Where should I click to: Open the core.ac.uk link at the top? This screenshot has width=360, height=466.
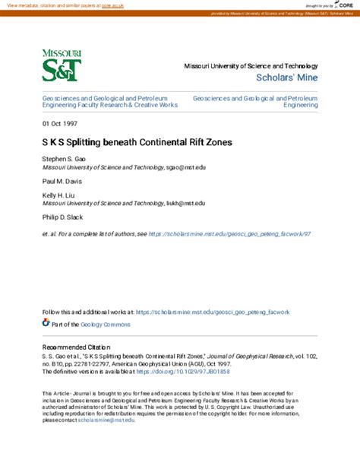(x=112, y=5)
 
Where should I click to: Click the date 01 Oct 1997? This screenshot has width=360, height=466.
(x=60, y=123)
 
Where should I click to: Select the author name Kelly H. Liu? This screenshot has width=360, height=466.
(x=58, y=196)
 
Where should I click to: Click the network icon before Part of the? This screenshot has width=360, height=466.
(x=45, y=323)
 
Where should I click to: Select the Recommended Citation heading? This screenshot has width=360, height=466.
(x=77, y=347)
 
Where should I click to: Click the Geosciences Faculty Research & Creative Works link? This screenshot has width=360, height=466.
(x=110, y=101)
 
